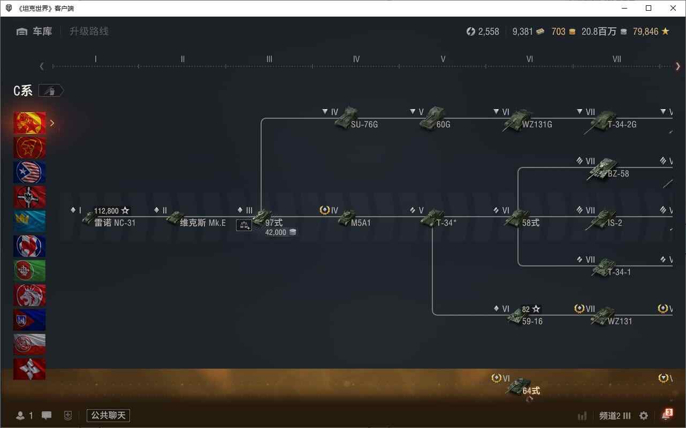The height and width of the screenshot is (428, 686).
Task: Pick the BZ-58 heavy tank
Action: pyautogui.click(x=608, y=170)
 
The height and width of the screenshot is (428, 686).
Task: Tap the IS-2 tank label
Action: pyautogui.click(x=615, y=223)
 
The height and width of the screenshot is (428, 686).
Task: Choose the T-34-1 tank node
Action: pyautogui.click(x=611, y=268)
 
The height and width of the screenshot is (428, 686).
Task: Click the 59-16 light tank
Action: pyautogui.click(x=525, y=317)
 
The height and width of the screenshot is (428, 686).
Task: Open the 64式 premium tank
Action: pyautogui.click(x=523, y=387)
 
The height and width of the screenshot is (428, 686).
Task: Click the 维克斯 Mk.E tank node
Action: pyautogui.click(x=196, y=219)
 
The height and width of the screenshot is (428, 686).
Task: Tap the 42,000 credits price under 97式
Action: pyautogui.click(x=276, y=232)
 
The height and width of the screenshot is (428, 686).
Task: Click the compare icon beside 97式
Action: pyautogui.click(x=244, y=225)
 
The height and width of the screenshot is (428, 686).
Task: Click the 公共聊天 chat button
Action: pyautogui.click(x=108, y=416)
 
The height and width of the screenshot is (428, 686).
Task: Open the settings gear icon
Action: pyautogui.click(x=643, y=416)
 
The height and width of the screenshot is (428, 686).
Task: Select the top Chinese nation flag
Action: pyautogui.click(x=29, y=123)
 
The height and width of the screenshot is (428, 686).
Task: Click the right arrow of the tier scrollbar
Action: pyautogui.click(x=678, y=66)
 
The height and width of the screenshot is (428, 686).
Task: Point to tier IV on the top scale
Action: pyautogui.click(x=356, y=59)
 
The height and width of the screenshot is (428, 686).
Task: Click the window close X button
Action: pyautogui.click(x=673, y=8)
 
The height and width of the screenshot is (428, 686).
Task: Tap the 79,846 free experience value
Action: pyautogui.click(x=645, y=32)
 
